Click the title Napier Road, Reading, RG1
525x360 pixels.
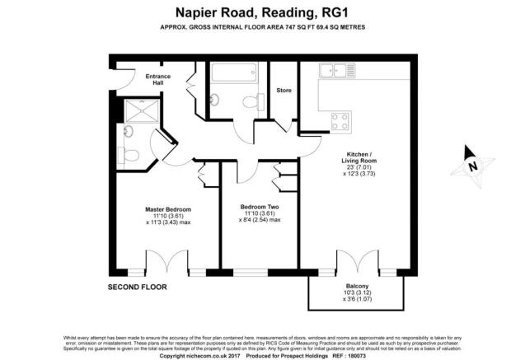pos(261,12)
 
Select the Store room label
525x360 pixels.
pos(284,91)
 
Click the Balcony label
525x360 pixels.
pos(356,285)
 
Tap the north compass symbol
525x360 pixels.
pos(471,163)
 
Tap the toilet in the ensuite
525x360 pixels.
pos(126,154)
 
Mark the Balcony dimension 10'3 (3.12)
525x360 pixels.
pos(356,292)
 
